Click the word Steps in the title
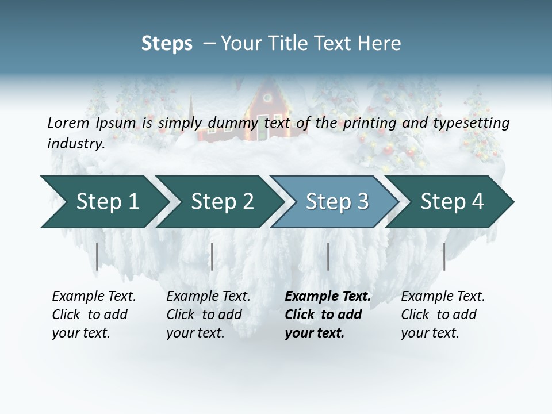167,44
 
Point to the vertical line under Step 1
97,256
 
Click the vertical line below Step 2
212,256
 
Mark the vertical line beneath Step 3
328,256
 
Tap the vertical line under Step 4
444,256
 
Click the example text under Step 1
94,315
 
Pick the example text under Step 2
208,315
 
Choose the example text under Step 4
443,315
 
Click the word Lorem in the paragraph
68,122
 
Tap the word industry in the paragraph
75,143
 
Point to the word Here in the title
381,44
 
